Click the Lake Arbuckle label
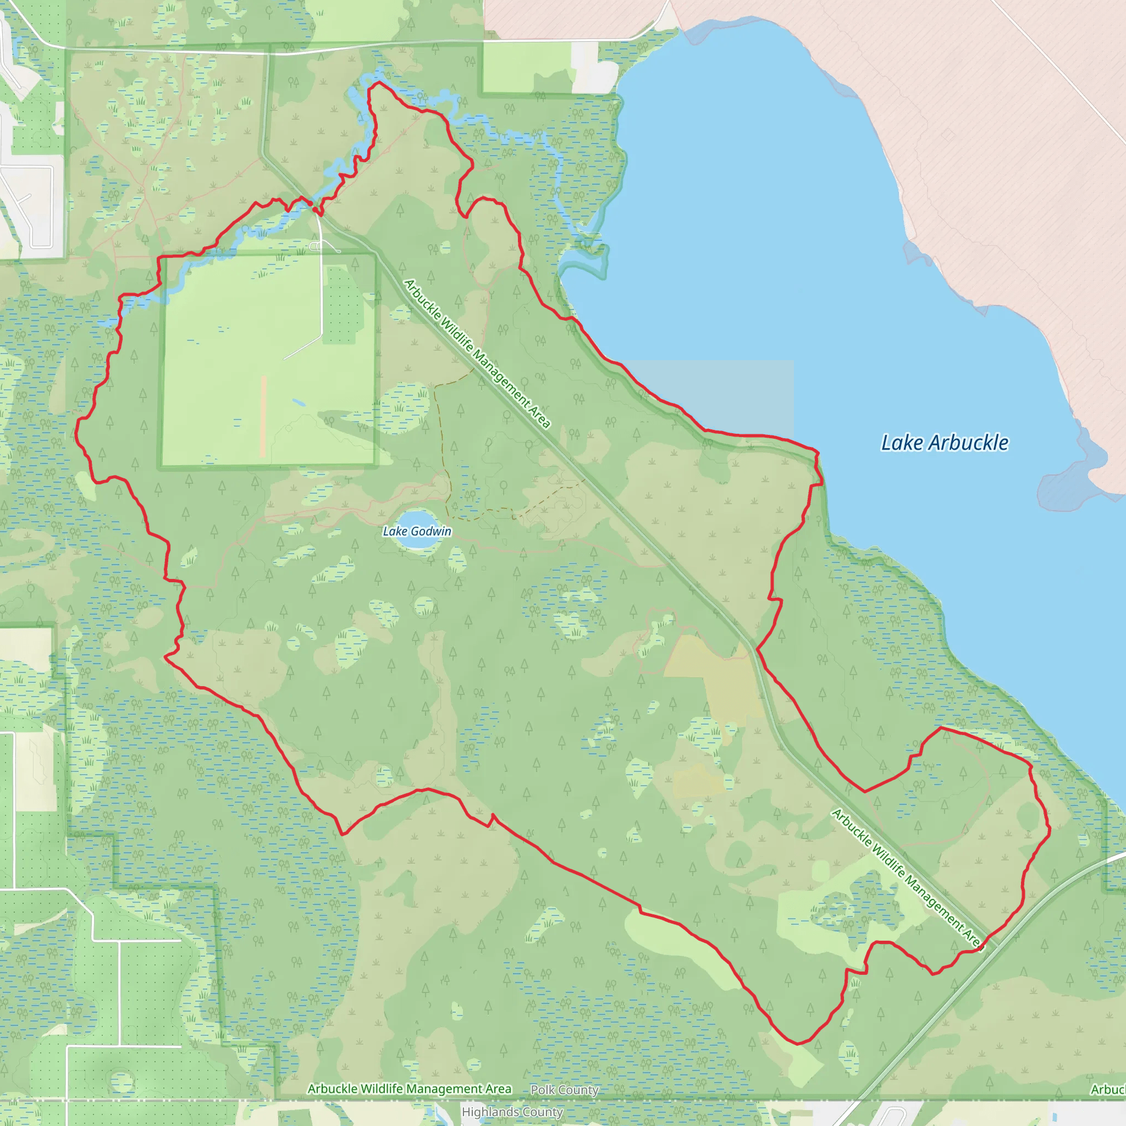click(x=944, y=443)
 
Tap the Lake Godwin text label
click(x=417, y=531)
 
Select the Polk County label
click(x=564, y=1090)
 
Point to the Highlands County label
click(x=512, y=1112)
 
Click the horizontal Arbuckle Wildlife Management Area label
click(x=409, y=1089)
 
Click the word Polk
click(x=542, y=1090)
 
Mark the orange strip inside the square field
click(x=263, y=416)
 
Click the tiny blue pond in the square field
click(x=298, y=402)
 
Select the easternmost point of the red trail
click(x=1050, y=832)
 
